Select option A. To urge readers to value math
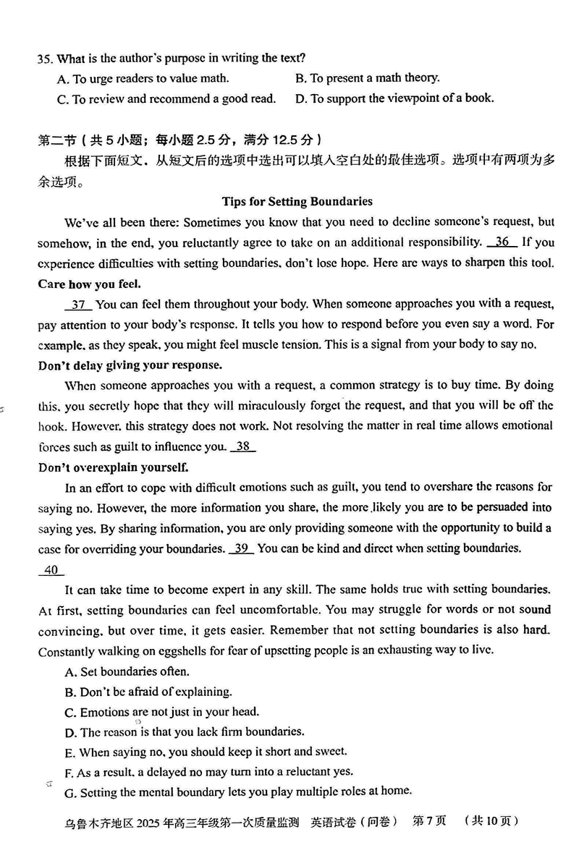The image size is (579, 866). click(x=143, y=78)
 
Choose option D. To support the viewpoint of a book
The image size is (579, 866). click(x=394, y=98)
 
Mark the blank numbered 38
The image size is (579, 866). click(x=242, y=446)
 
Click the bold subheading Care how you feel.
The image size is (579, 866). click(x=89, y=284)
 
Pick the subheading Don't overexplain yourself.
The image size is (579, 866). click(x=113, y=467)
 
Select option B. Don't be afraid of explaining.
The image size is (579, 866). click(x=148, y=692)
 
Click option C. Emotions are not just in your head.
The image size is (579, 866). click(x=161, y=712)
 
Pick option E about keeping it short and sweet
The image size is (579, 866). click(x=206, y=752)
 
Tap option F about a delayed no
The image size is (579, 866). click(x=208, y=771)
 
